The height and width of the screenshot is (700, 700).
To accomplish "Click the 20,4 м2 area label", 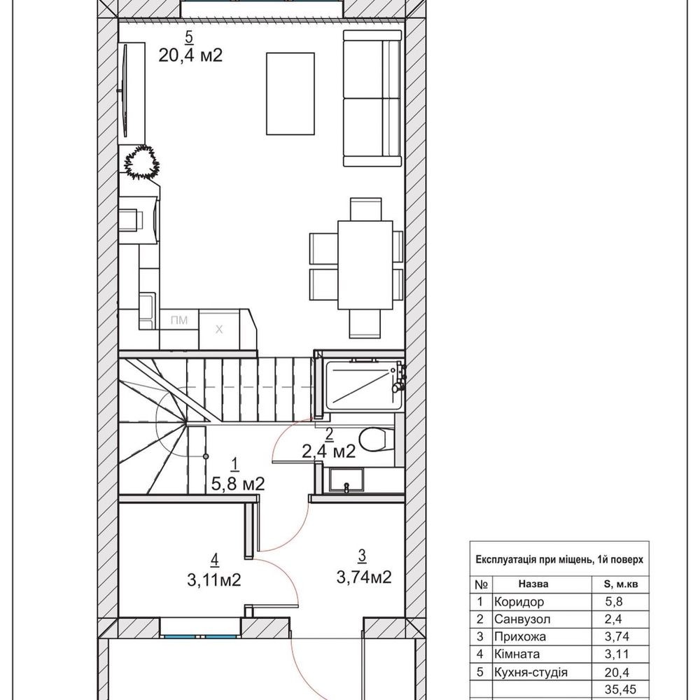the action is click(x=190, y=55).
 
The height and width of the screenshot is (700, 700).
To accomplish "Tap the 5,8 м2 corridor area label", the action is click(x=238, y=484).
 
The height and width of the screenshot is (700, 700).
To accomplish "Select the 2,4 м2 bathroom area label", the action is click(x=328, y=451).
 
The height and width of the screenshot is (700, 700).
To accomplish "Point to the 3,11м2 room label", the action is click(x=214, y=580).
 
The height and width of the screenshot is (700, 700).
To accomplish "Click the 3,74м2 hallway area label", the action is click(x=364, y=577).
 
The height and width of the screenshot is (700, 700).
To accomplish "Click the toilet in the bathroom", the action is click(x=377, y=440).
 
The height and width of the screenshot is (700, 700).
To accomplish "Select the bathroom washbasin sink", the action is click(x=346, y=480).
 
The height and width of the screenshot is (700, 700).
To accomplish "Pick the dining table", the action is click(x=365, y=265).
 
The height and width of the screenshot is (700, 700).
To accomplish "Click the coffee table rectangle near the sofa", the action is click(x=290, y=93).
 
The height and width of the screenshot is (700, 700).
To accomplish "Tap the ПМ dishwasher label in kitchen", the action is click(x=179, y=320).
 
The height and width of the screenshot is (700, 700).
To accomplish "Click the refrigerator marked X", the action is click(x=218, y=330).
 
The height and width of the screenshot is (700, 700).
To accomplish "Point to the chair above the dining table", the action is click(x=365, y=209).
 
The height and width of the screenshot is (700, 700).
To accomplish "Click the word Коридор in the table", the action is click(x=519, y=602).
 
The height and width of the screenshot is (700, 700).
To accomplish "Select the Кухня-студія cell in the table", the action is click(x=531, y=672).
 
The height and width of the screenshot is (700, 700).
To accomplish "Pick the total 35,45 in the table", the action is click(x=620, y=689).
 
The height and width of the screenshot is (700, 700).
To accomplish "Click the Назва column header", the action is click(x=533, y=584).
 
